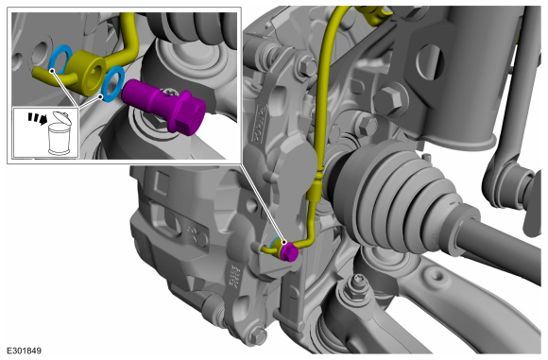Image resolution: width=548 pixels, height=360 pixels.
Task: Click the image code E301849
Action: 24,351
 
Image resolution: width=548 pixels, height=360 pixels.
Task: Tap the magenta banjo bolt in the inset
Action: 163,106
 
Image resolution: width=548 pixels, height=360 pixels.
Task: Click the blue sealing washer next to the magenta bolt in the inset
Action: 112,84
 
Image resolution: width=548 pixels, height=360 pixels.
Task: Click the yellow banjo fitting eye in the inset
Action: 86,73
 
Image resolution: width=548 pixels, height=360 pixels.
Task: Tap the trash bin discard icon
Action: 60,133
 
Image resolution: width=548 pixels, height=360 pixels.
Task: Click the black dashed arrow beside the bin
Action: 38,118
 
